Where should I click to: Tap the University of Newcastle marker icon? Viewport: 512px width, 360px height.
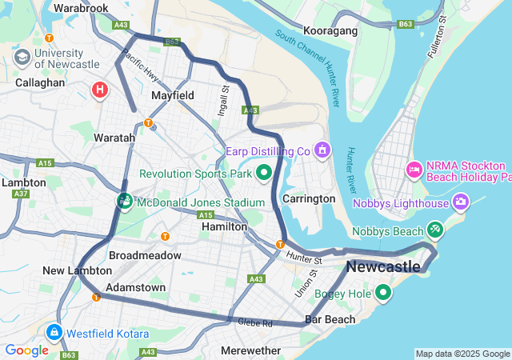coord(22,57)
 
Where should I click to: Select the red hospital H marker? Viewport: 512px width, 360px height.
coord(100,90)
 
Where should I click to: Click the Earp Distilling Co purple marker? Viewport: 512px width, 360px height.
coord(322,150)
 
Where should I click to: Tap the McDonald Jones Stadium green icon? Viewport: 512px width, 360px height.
coord(125,202)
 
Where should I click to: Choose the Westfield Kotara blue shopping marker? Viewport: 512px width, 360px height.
coord(54,332)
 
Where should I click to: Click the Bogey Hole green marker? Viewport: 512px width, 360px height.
coord(383,294)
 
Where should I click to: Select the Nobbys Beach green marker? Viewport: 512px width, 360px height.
coord(435,230)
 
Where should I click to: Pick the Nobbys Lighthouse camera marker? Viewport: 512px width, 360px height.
coord(461,202)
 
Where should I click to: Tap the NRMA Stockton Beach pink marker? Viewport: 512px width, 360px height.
coord(414,169)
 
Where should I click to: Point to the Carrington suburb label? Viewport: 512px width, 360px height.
coord(309,198)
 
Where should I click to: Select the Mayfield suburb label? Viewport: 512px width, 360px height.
coord(173,95)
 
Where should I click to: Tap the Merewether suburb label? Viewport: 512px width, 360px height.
coord(250,350)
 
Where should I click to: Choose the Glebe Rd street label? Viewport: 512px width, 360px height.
coord(255,323)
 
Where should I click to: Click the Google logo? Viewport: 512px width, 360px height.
coord(26,350)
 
